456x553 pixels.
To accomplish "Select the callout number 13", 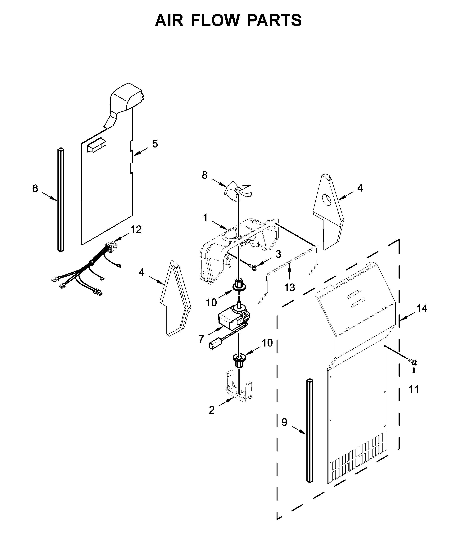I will click(x=289, y=287).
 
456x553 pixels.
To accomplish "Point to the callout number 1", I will click(x=205, y=218).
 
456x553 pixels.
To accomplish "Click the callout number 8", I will click(x=205, y=175).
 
